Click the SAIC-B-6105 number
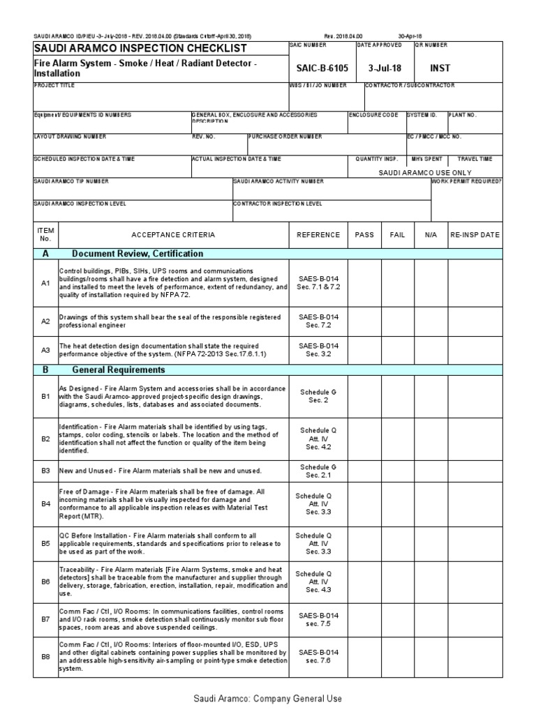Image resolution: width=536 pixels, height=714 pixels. [x=318, y=68]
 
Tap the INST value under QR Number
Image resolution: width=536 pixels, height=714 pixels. [x=440, y=68]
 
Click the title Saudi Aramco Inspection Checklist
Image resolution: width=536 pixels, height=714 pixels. [x=140, y=47]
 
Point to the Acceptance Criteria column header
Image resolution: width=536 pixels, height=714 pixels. [x=173, y=235]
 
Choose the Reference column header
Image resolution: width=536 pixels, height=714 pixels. [x=318, y=235]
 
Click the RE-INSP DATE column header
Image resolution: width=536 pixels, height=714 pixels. [x=475, y=235]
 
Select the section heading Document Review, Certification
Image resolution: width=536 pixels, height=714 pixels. [x=137, y=254]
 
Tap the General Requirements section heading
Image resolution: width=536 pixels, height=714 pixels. [x=119, y=370]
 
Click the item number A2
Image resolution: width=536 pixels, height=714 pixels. [x=45, y=321]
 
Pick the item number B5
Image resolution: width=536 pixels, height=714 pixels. [x=45, y=542]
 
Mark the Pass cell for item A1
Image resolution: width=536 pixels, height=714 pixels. [x=364, y=283]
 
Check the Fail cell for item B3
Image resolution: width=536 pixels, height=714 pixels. [x=397, y=471]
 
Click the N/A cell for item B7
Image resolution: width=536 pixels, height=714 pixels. [x=430, y=618]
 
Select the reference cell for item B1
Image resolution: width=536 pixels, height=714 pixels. [x=318, y=397]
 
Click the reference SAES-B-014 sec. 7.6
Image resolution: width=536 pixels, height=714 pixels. [x=318, y=657]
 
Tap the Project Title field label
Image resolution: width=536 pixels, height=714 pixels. [x=54, y=85]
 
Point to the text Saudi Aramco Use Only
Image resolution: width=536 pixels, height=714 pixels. [x=424, y=172]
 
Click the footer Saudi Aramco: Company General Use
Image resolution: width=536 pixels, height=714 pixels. [x=267, y=699]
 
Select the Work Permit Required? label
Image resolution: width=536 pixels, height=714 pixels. [x=466, y=181]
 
